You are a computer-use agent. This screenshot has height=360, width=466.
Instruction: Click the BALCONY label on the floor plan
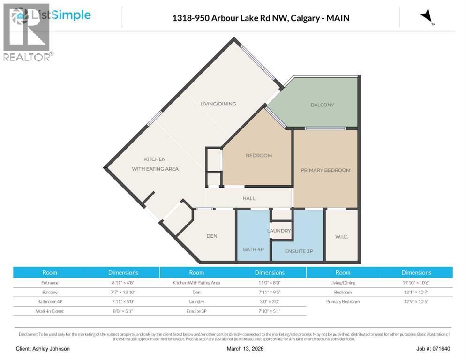point(322,105)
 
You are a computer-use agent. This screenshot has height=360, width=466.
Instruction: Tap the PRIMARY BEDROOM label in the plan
point(325,170)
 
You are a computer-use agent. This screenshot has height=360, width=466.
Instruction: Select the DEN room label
point(212,236)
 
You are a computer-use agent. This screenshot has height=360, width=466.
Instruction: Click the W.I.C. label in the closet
point(341,236)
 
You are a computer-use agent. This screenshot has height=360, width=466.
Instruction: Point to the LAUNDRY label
point(279,231)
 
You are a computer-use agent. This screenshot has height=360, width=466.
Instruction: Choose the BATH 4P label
point(253,249)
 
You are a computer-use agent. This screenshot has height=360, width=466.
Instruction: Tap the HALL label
point(249,198)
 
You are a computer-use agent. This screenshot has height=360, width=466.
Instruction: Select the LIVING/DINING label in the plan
point(218,104)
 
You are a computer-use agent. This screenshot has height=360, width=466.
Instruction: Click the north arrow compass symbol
point(427,17)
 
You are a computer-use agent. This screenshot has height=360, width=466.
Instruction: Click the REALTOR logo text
point(27,57)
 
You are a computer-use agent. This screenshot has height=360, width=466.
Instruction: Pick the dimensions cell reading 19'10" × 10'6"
point(416,283)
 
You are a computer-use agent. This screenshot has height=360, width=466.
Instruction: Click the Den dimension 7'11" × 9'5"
point(269,292)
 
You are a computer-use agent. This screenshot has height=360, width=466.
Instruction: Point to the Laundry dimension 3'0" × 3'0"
point(269,302)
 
